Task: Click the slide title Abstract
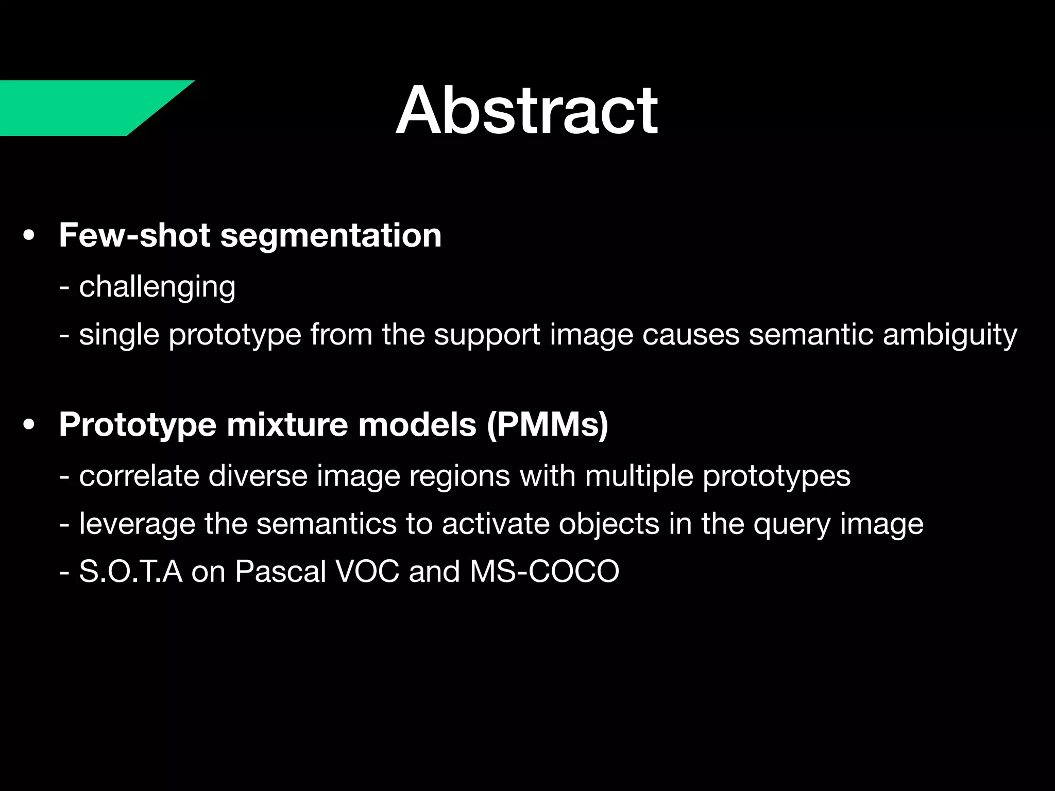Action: tap(526, 110)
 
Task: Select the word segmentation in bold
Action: tap(331, 235)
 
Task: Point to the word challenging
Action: tap(157, 287)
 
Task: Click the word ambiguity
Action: tap(950, 335)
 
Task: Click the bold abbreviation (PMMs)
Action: tap(548, 425)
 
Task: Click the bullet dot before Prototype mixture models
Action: tap(29, 425)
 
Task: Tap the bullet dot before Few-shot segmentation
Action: tap(29, 236)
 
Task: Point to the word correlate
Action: tap(139, 475)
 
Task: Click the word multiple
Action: tap(639, 475)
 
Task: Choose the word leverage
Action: tap(137, 524)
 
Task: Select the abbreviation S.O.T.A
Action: tap(131, 572)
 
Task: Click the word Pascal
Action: tap(281, 572)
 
